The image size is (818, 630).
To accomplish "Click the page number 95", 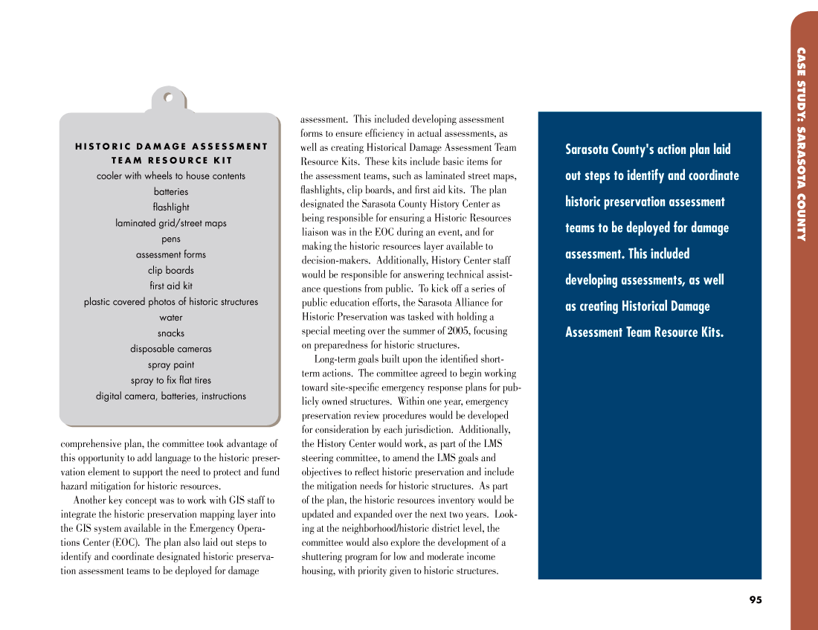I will click(x=756, y=600).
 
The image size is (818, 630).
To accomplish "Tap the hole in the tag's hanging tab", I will click(x=169, y=97).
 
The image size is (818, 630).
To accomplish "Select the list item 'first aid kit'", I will click(x=171, y=286).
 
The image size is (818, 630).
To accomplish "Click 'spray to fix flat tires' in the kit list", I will click(x=171, y=380).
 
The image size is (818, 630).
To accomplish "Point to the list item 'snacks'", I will click(x=171, y=333).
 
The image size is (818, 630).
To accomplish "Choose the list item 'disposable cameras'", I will click(x=171, y=349).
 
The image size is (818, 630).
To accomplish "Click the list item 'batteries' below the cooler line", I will click(x=171, y=192).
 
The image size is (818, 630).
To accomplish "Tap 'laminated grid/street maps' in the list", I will click(x=171, y=223).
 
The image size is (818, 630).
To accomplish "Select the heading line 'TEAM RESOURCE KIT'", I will click(x=171, y=160).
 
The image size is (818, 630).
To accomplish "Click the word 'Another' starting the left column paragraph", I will click(x=90, y=501).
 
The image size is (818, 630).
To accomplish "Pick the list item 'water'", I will click(x=171, y=318).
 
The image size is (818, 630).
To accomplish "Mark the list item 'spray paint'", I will click(x=171, y=364).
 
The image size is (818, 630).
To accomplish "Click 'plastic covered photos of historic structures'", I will click(x=171, y=302).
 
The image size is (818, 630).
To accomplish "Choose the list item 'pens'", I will click(x=171, y=239).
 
